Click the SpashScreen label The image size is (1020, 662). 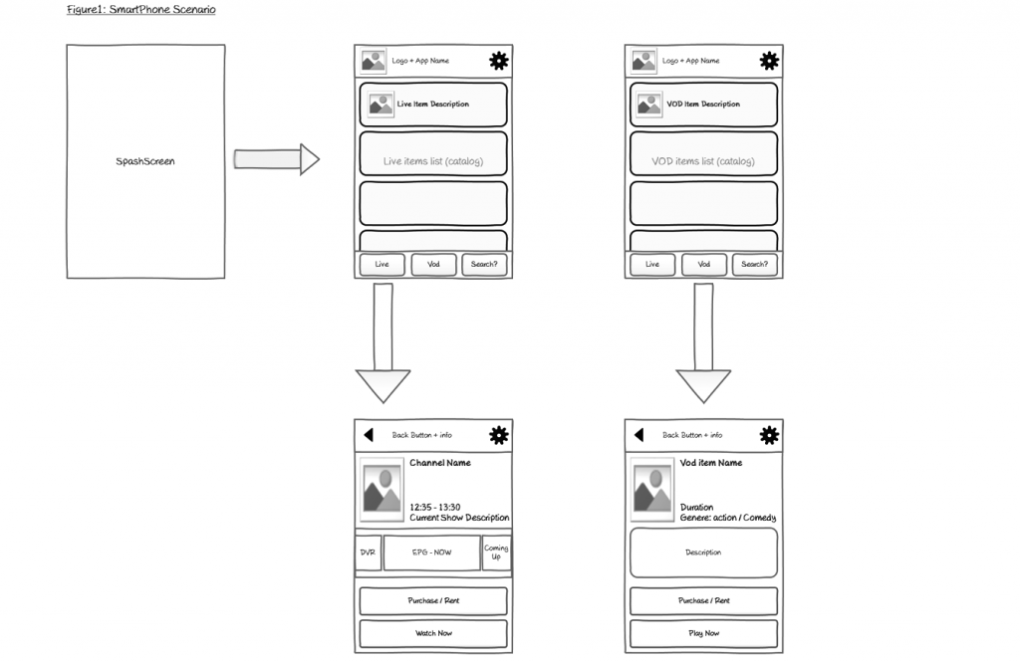(145, 161)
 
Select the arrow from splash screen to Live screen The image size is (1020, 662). (277, 159)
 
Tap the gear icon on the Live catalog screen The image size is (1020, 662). (499, 61)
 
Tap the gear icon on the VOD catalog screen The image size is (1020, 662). (769, 61)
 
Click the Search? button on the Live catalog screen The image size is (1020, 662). (484, 264)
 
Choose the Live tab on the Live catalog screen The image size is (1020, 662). (382, 264)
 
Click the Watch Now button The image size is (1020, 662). (433, 633)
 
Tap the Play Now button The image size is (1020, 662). (704, 633)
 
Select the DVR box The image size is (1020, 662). (369, 552)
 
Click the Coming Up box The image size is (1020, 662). (496, 552)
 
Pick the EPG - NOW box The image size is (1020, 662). (432, 552)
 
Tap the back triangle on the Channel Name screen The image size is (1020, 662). (369, 434)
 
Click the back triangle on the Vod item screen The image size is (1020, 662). (638, 434)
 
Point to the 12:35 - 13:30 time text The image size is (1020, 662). (435, 507)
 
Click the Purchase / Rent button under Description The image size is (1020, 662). (704, 601)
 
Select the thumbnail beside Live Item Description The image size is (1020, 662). (381, 105)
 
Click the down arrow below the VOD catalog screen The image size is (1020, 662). (703, 343)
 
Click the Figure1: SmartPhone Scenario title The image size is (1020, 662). (141, 9)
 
